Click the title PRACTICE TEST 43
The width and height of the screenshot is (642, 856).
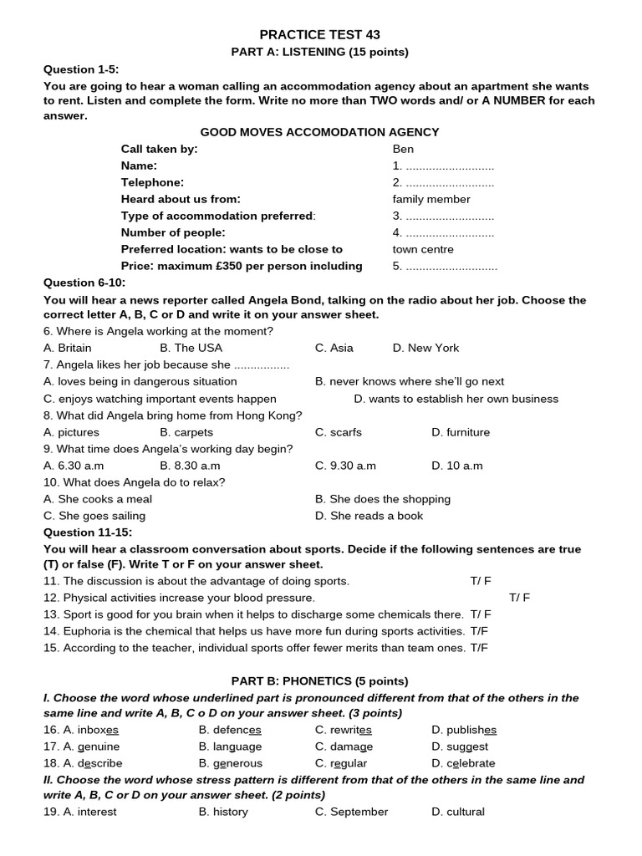(x=319, y=34)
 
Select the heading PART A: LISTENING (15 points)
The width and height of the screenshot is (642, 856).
(x=319, y=52)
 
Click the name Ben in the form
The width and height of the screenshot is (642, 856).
(x=403, y=149)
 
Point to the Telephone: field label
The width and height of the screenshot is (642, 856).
(x=152, y=182)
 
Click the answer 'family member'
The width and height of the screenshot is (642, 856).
(x=431, y=199)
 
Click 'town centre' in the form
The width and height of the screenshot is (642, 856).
(x=423, y=249)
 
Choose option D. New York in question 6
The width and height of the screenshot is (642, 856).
(x=425, y=348)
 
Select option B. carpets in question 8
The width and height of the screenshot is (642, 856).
(x=186, y=432)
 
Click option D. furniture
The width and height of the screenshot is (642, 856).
(x=461, y=432)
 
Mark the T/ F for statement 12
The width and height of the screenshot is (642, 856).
(x=519, y=598)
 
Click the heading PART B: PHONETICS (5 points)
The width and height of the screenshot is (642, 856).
(x=320, y=681)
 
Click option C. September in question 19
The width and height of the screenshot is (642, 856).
(x=351, y=812)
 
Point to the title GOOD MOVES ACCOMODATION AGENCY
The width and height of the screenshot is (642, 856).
(x=319, y=132)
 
